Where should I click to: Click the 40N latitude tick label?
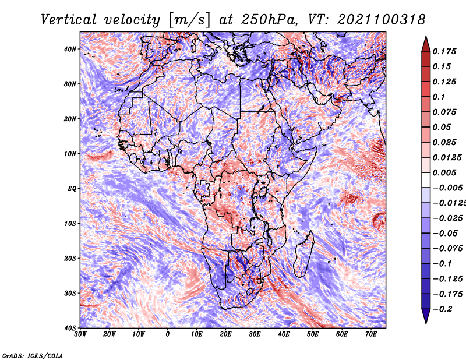click(x=70, y=49)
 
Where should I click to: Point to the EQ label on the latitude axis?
click(x=72, y=189)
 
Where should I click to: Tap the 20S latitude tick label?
click(x=70, y=258)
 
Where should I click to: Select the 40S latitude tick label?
click(x=70, y=328)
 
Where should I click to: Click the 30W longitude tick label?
click(x=80, y=334)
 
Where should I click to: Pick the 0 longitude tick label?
click(x=168, y=334)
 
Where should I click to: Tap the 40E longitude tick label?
click(x=284, y=334)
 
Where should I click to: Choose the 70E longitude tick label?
click(x=371, y=334)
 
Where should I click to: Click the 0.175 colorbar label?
click(x=444, y=51)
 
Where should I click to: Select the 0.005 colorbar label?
click(x=444, y=172)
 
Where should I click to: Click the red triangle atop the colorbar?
click(x=426, y=44)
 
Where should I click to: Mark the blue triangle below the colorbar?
click(x=426, y=316)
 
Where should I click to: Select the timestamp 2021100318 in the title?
click(x=382, y=20)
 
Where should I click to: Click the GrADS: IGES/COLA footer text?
click(x=33, y=355)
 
